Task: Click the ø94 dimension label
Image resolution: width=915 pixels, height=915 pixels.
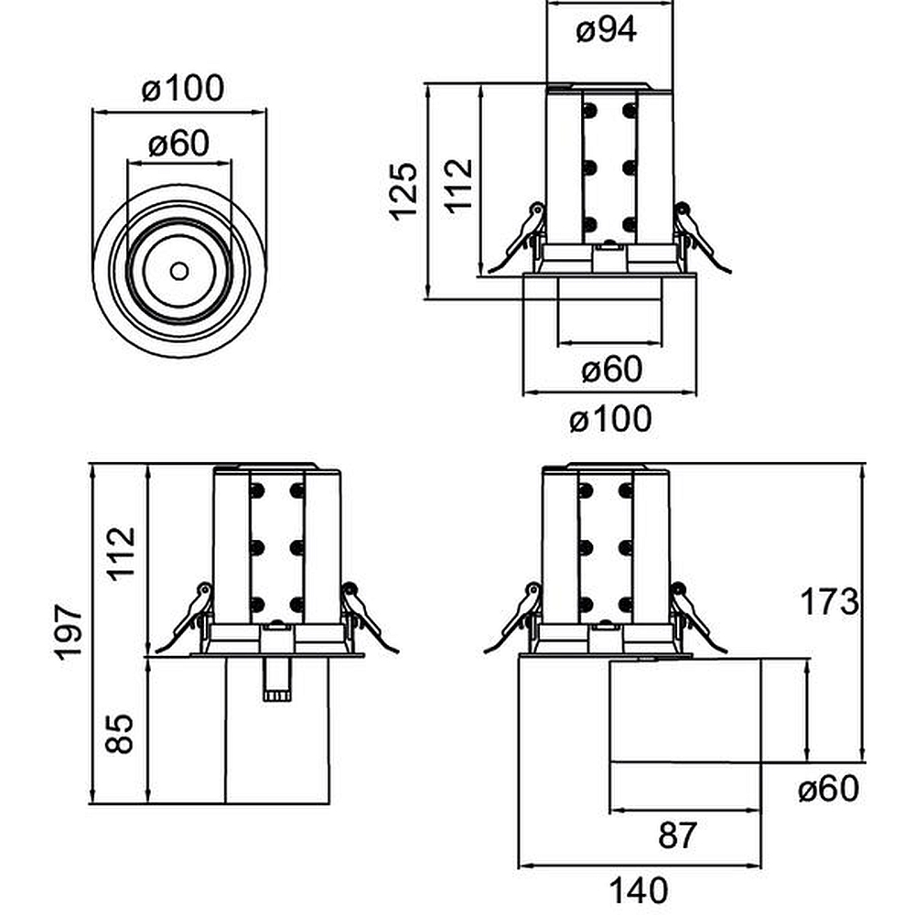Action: coord(607,30)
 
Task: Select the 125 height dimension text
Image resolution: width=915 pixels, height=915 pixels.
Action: coord(403,190)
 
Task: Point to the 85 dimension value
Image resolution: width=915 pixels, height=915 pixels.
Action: coord(120,732)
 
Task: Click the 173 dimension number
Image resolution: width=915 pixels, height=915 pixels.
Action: coord(830,601)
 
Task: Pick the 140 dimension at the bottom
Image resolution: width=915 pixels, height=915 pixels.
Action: coord(640,888)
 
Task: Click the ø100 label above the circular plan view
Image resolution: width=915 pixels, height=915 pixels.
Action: coord(183,90)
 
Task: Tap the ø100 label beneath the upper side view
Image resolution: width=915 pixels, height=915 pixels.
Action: coord(610,420)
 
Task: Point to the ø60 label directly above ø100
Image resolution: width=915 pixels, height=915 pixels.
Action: coord(611,370)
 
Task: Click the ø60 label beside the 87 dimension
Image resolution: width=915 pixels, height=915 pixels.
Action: coord(828,788)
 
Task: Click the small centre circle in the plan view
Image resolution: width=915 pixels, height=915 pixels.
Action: coord(179,271)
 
